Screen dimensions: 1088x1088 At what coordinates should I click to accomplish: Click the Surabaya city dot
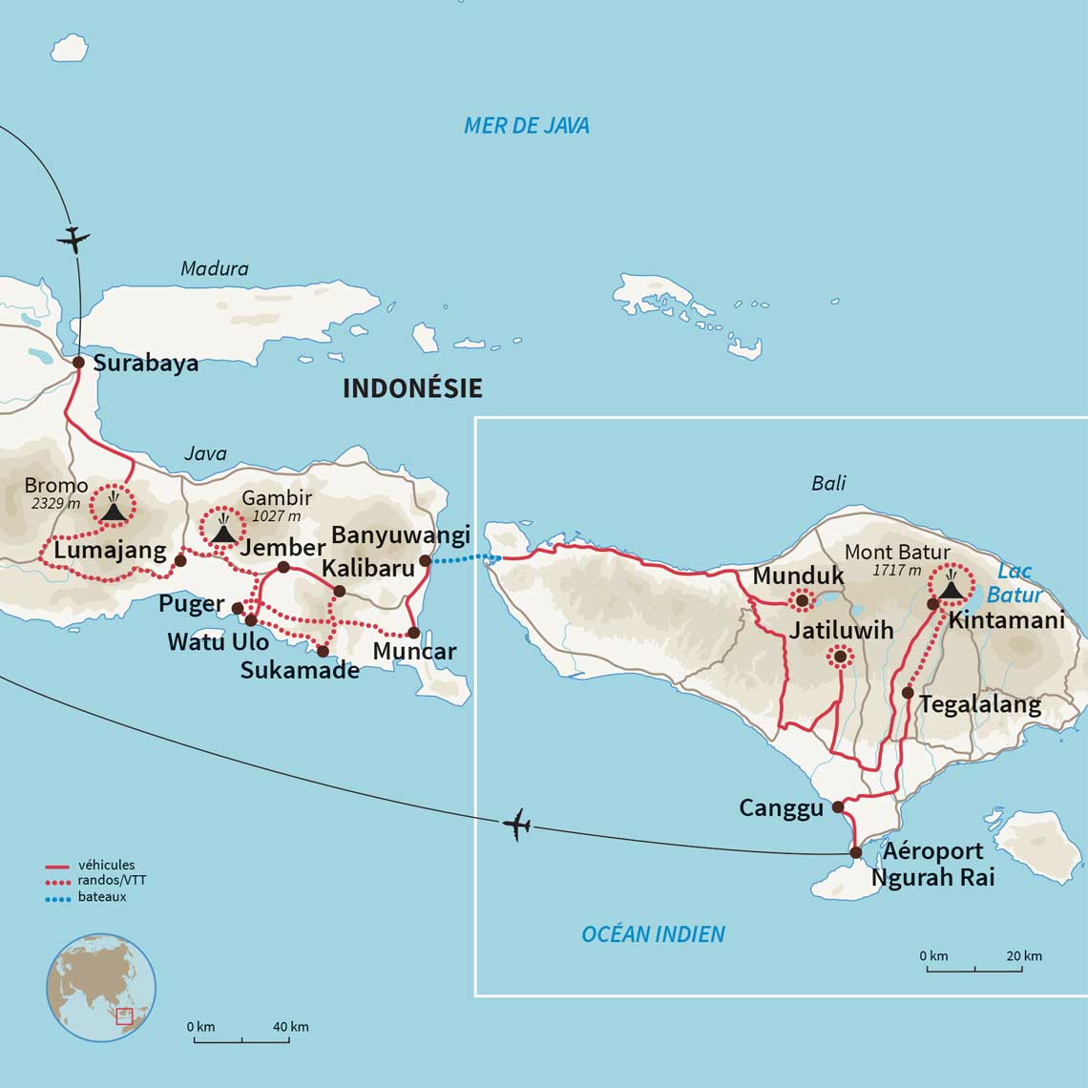79,362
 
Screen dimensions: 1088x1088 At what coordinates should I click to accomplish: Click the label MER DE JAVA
526,125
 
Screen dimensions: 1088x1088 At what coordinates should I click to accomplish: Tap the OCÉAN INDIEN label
653,933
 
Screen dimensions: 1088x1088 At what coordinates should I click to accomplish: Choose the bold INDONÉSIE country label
412,387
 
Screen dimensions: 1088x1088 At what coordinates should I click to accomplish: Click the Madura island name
215,269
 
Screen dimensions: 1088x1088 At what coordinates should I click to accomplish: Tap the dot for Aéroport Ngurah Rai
856,852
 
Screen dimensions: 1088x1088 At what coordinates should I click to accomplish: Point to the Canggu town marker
838,806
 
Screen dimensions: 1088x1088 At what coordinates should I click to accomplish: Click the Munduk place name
798,575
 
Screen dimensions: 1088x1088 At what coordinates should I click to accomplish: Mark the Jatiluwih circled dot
840,656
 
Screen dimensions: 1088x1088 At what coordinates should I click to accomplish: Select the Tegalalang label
979,704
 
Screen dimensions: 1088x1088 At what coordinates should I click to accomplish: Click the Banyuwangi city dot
426,560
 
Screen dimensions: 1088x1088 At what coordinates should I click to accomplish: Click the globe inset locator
101,987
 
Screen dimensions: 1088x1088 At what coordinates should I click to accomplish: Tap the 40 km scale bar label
290,1027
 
